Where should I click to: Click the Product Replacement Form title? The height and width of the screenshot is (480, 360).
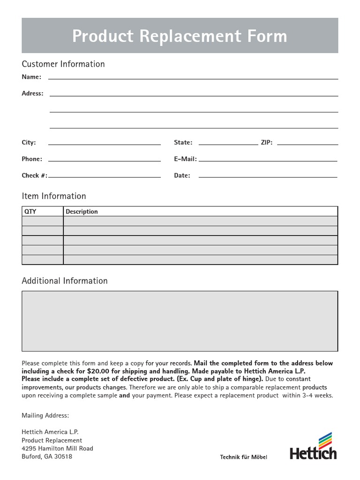point(180,36)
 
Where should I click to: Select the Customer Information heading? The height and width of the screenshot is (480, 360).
point(63,64)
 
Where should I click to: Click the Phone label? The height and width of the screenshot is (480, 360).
point(32,159)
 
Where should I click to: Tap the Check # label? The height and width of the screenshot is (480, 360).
point(34,175)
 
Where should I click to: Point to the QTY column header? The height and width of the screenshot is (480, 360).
point(30,211)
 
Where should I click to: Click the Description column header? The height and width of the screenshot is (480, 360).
point(82,211)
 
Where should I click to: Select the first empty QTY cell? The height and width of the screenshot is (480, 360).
point(42,221)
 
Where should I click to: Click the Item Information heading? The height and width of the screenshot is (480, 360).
point(54,196)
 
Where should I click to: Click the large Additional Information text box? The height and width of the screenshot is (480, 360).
point(180,321)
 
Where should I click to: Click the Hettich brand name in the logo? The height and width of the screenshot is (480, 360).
point(313,453)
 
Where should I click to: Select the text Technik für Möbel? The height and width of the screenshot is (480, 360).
point(244,457)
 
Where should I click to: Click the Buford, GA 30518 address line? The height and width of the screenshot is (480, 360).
point(47,456)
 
